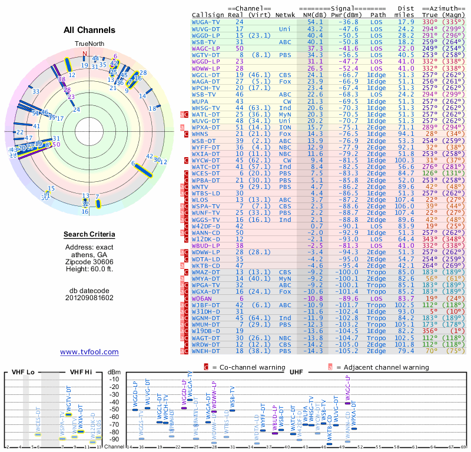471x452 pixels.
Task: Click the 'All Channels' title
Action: click(x=89, y=30)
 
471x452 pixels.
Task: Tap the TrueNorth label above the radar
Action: click(x=89, y=44)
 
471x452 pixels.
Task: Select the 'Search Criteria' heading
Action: click(x=89, y=235)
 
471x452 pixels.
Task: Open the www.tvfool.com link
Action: click(x=89, y=352)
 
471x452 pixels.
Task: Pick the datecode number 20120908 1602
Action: click(x=89, y=297)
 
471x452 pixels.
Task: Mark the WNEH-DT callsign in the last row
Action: click(x=206, y=351)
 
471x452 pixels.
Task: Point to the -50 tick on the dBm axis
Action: click(x=114, y=409)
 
